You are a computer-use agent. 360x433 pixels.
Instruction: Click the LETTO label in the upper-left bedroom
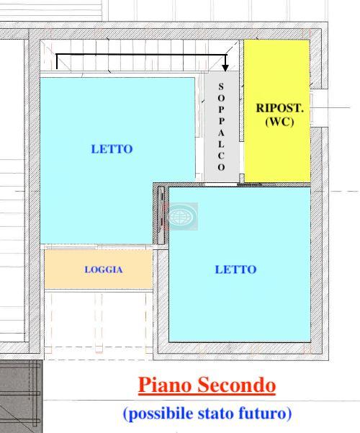pos(112,149)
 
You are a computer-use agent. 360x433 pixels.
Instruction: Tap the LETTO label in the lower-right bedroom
pos(235,269)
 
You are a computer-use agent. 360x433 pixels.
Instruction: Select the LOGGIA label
pos(104,269)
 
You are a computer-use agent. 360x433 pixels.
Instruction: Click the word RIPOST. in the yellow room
pos(280,108)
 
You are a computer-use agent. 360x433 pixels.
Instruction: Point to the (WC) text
pos(279,122)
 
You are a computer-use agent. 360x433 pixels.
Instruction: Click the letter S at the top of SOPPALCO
pos(221,86)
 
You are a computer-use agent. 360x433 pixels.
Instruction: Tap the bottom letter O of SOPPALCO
pos(221,167)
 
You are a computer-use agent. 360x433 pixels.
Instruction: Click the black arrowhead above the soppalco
pos(225,67)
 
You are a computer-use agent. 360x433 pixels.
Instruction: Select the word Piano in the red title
pos(165,385)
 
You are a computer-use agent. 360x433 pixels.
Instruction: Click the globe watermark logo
pos(182,216)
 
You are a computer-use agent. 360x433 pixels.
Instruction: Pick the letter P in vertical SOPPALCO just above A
pos(221,121)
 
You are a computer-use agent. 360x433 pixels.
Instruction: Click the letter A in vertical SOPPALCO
pos(221,133)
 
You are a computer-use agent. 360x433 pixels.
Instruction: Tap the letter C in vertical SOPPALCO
pos(221,156)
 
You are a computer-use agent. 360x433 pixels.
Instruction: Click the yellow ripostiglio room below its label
pos(277,155)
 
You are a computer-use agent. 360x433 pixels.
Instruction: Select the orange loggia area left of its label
pos(64,269)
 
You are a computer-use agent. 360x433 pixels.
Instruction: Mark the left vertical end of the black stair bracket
pos(57,61)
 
